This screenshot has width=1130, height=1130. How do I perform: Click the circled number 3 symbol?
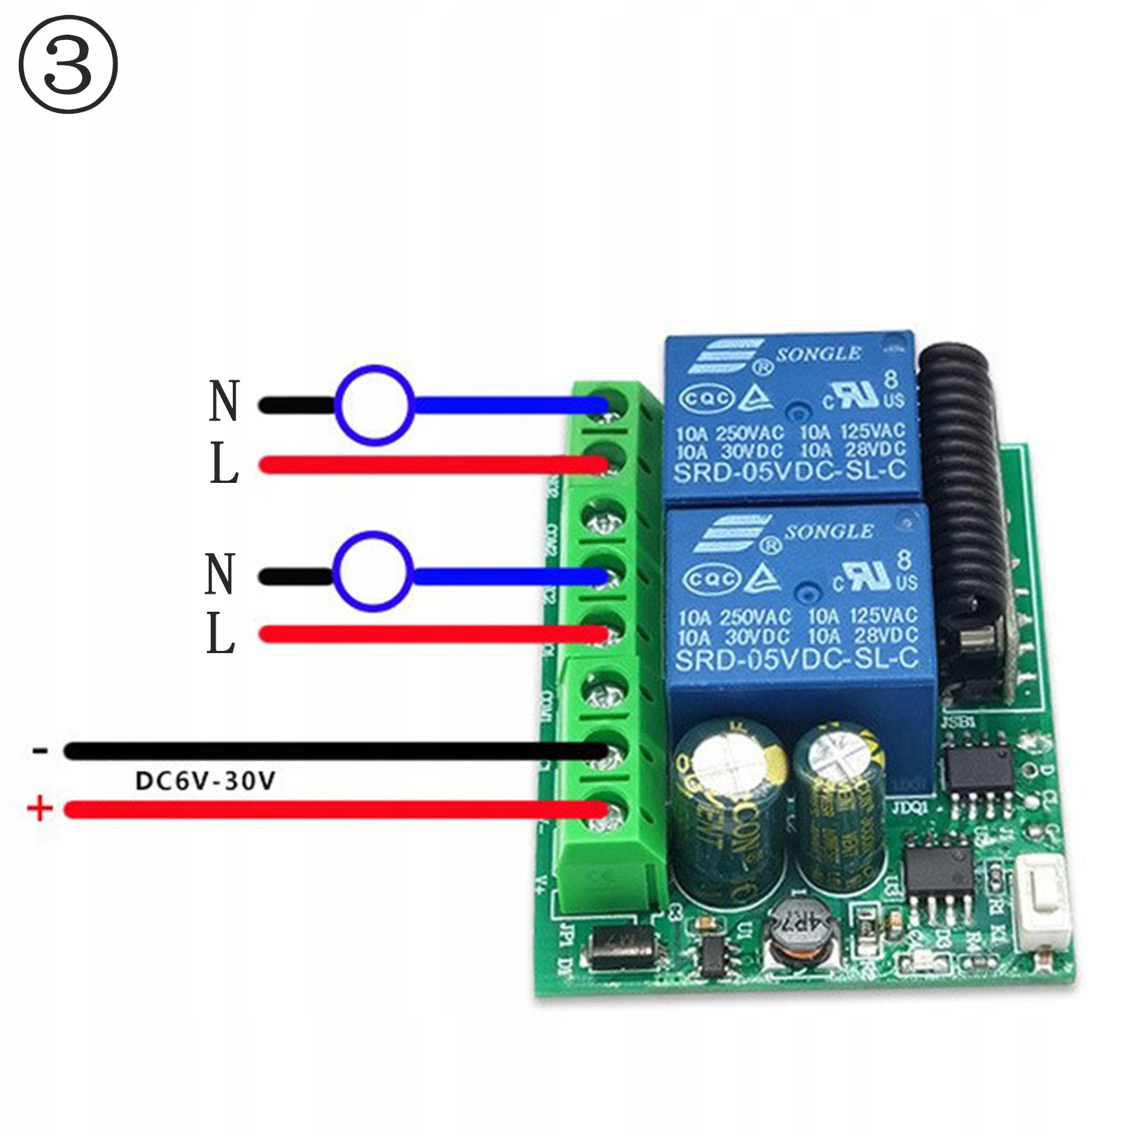pos(68,65)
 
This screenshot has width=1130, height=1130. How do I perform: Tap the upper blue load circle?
pos(374,405)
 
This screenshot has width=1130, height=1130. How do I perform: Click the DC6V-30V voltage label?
pos(205,780)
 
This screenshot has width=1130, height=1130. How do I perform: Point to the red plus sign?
pos(40,809)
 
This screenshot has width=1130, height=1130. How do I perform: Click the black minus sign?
pos(40,750)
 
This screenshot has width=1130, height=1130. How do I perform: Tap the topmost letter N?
pos(224,402)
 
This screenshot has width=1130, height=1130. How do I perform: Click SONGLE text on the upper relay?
pos(818,353)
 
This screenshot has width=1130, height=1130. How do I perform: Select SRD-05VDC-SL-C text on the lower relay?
pos(796,659)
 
